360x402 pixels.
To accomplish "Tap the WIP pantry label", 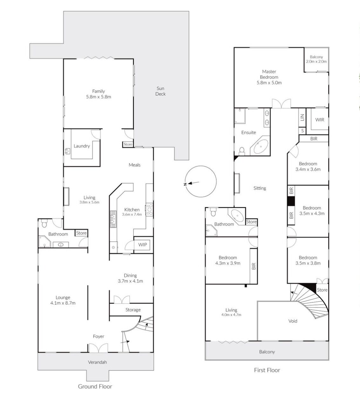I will click(142, 245).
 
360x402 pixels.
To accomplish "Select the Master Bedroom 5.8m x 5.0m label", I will click(269, 77).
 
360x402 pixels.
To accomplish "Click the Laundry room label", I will click(82, 146).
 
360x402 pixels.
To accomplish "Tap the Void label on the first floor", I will click(293, 321).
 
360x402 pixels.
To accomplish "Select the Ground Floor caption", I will click(95, 386).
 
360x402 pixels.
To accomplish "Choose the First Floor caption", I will click(267, 370).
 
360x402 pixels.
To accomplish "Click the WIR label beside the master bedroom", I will click(320, 120).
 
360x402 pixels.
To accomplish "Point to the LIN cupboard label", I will click(302, 117).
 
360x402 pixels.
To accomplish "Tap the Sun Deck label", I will click(160, 91).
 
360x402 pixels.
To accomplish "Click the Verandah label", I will click(97, 362).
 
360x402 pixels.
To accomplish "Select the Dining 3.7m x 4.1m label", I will click(130, 278).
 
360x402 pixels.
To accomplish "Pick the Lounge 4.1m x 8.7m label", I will click(63, 300).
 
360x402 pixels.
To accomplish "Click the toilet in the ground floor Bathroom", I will click(44, 224).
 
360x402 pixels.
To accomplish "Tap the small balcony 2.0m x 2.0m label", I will click(316, 59).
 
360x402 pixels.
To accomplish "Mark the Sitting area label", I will click(260, 188).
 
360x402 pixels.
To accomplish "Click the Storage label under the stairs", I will click(133, 310).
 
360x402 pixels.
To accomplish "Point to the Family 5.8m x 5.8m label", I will click(99, 94).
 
